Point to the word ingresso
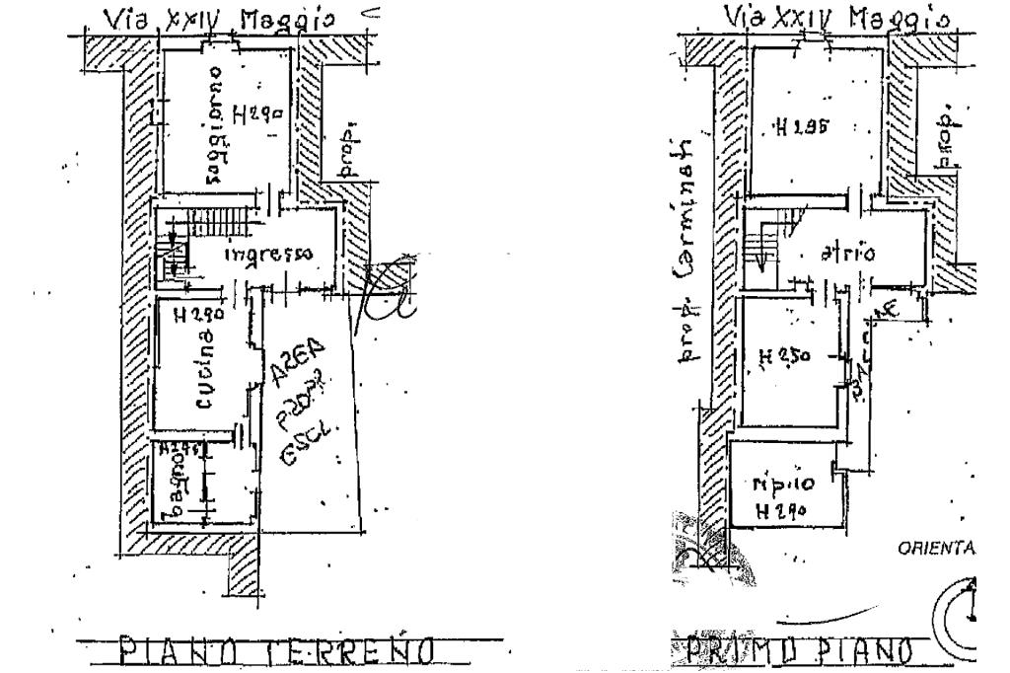pos(268,254)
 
